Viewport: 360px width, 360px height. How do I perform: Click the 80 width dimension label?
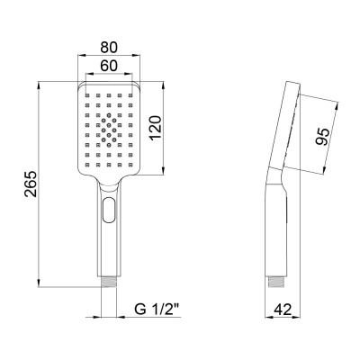pos(109,48)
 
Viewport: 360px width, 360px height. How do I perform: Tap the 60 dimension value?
pos(109,66)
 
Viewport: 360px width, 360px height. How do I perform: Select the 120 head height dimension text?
pos(156,128)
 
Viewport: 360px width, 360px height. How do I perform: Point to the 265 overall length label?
pos(31,184)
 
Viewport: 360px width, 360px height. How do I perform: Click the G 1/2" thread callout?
pos(157,310)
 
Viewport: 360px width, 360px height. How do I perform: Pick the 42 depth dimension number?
pos(283,310)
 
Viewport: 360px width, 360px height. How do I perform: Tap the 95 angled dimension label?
pos(323,137)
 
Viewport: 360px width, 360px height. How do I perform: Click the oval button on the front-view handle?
pos(108,210)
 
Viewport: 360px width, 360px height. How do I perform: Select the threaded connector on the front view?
pos(108,283)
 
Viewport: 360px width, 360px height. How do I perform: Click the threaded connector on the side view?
pos(276,282)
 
